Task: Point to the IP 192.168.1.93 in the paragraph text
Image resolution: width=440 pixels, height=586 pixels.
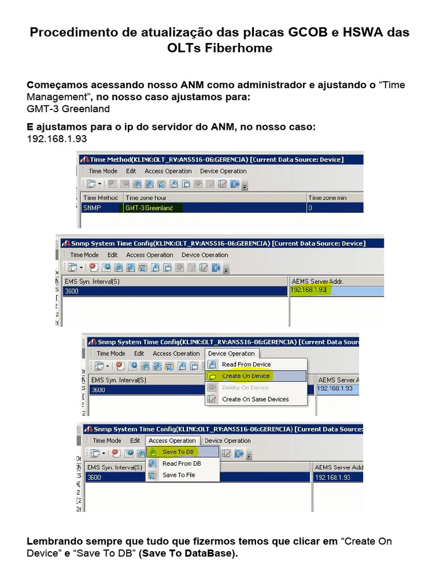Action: (x=57, y=139)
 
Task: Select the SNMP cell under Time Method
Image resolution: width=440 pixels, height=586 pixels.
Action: (x=92, y=208)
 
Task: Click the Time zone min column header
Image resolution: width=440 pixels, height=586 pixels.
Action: (x=327, y=197)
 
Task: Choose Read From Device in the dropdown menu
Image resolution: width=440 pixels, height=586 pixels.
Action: (x=246, y=365)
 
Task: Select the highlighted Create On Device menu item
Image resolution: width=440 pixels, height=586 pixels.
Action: (x=246, y=376)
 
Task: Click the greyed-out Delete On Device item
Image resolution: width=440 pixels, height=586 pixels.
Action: (x=245, y=387)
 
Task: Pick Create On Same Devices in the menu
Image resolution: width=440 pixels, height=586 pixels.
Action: (x=255, y=399)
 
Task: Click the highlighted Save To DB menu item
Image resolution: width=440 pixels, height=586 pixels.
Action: (x=178, y=452)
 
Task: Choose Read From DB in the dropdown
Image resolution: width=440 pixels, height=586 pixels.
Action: (x=182, y=464)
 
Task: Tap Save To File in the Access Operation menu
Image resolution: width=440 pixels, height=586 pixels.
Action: (x=179, y=475)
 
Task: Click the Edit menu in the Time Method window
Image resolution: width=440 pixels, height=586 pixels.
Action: (x=131, y=171)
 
